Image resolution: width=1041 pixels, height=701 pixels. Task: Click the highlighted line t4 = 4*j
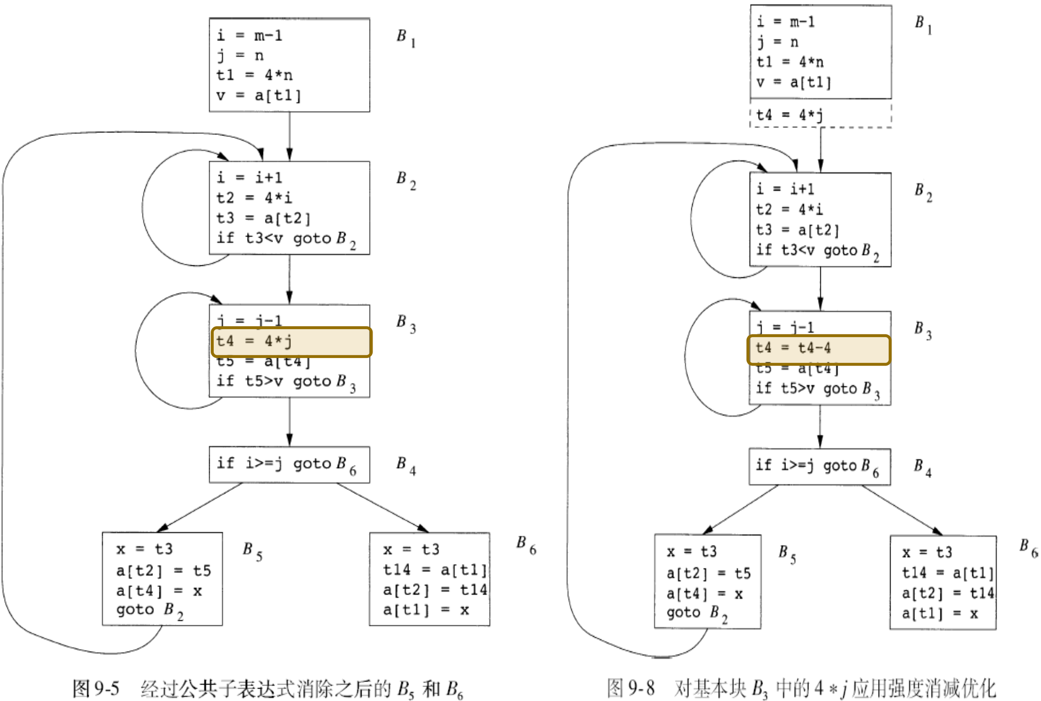point(291,342)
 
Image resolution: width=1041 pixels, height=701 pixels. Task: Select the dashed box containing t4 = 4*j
point(820,116)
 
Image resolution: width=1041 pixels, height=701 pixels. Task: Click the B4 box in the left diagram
point(289,465)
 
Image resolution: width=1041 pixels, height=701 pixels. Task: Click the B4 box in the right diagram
point(819,467)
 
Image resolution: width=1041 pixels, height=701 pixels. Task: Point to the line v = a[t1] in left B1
point(259,95)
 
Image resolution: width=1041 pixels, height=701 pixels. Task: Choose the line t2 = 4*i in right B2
point(789,210)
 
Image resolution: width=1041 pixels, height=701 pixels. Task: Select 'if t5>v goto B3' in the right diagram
point(817,389)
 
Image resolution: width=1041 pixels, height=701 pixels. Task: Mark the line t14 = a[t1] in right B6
point(947,573)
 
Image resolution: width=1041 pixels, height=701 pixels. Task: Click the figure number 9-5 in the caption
point(107,689)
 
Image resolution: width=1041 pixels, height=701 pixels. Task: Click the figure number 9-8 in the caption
point(641,688)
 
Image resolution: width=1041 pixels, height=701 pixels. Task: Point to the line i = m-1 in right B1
point(785,22)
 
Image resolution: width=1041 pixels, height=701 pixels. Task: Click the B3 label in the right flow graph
point(922,330)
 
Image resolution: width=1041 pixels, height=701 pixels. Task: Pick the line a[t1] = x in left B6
point(426,610)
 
